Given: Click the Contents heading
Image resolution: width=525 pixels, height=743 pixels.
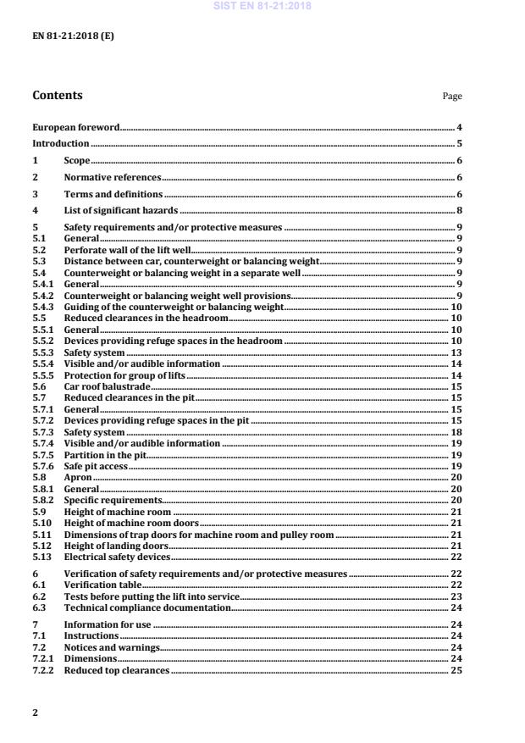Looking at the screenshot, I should [58, 96].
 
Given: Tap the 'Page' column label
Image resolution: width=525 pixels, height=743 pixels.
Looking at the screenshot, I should [452, 97].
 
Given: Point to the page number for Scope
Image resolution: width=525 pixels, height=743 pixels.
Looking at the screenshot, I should [458, 160].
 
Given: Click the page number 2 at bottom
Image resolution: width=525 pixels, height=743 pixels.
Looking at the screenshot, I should [35, 713].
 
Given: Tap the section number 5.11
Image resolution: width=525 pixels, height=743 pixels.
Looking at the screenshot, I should [39, 535].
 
